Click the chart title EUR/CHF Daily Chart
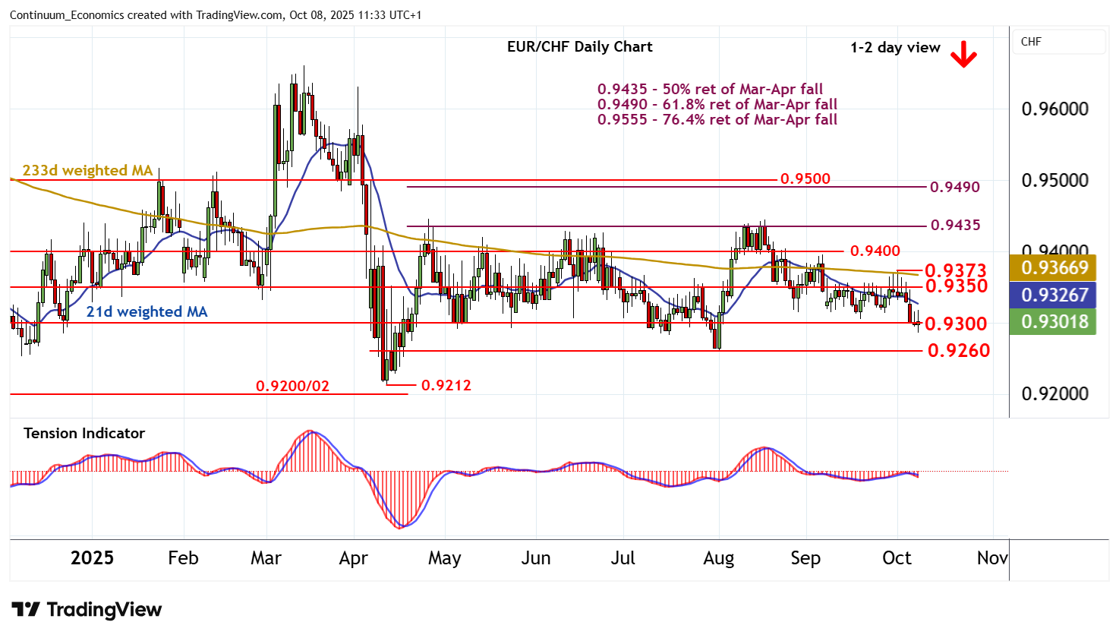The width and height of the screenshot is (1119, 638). point(579,47)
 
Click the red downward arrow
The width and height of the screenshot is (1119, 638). point(963,53)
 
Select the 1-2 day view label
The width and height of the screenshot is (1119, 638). point(894,48)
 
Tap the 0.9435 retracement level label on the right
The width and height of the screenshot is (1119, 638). point(954,225)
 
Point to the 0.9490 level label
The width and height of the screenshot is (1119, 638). point(954,187)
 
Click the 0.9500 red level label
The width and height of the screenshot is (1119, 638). point(805,179)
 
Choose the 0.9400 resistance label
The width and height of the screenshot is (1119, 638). point(875,251)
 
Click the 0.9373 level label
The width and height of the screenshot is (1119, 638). point(955,270)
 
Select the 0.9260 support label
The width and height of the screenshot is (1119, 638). point(958,350)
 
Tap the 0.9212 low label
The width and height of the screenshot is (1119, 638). point(446,385)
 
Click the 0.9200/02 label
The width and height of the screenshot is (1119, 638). point(292,386)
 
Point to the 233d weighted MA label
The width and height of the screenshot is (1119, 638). point(87,170)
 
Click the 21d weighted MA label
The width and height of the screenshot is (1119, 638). point(147,311)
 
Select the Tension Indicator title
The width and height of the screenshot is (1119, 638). point(84,433)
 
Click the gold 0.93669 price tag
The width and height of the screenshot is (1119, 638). point(1054,267)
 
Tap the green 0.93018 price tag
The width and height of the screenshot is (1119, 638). point(1054,322)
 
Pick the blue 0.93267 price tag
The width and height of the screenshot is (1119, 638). point(1054,295)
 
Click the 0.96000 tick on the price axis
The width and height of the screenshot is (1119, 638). point(1054,109)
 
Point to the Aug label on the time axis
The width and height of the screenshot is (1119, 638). point(718,558)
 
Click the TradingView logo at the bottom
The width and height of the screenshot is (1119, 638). point(87,610)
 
